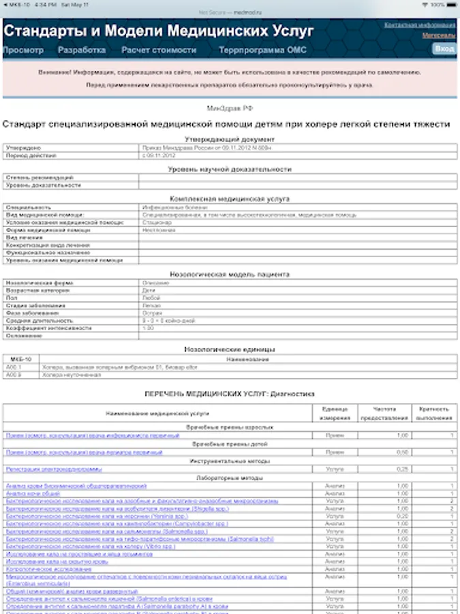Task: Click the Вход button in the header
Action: (x=444, y=49)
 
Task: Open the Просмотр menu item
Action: (x=23, y=50)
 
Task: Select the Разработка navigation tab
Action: (x=82, y=50)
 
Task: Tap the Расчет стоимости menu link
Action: (x=159, y=50)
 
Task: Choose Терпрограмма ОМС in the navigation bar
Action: (x=262, y=50)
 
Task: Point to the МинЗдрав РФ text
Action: (x=230, y=108)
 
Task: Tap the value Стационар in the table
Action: (x=157, y=222)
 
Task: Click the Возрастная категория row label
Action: (x=33, y=290)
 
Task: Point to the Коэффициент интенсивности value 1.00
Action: (x=149, y=327)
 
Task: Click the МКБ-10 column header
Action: (x=21, y=359)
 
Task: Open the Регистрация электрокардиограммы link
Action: (x=54, y=469)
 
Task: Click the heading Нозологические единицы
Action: (x=230, y=349)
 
